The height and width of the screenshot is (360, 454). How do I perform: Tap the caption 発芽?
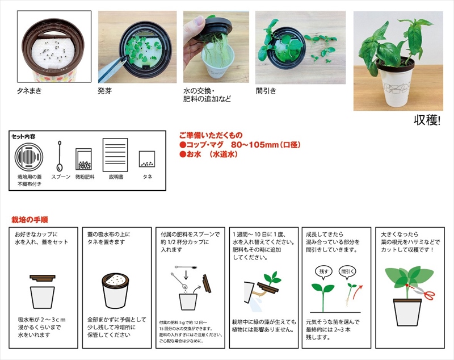[106, 90]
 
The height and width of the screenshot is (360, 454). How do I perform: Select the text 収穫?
[427, 120]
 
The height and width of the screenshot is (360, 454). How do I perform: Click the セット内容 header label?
[23, 136]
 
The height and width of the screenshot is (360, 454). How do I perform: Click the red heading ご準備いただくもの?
[211, 135]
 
